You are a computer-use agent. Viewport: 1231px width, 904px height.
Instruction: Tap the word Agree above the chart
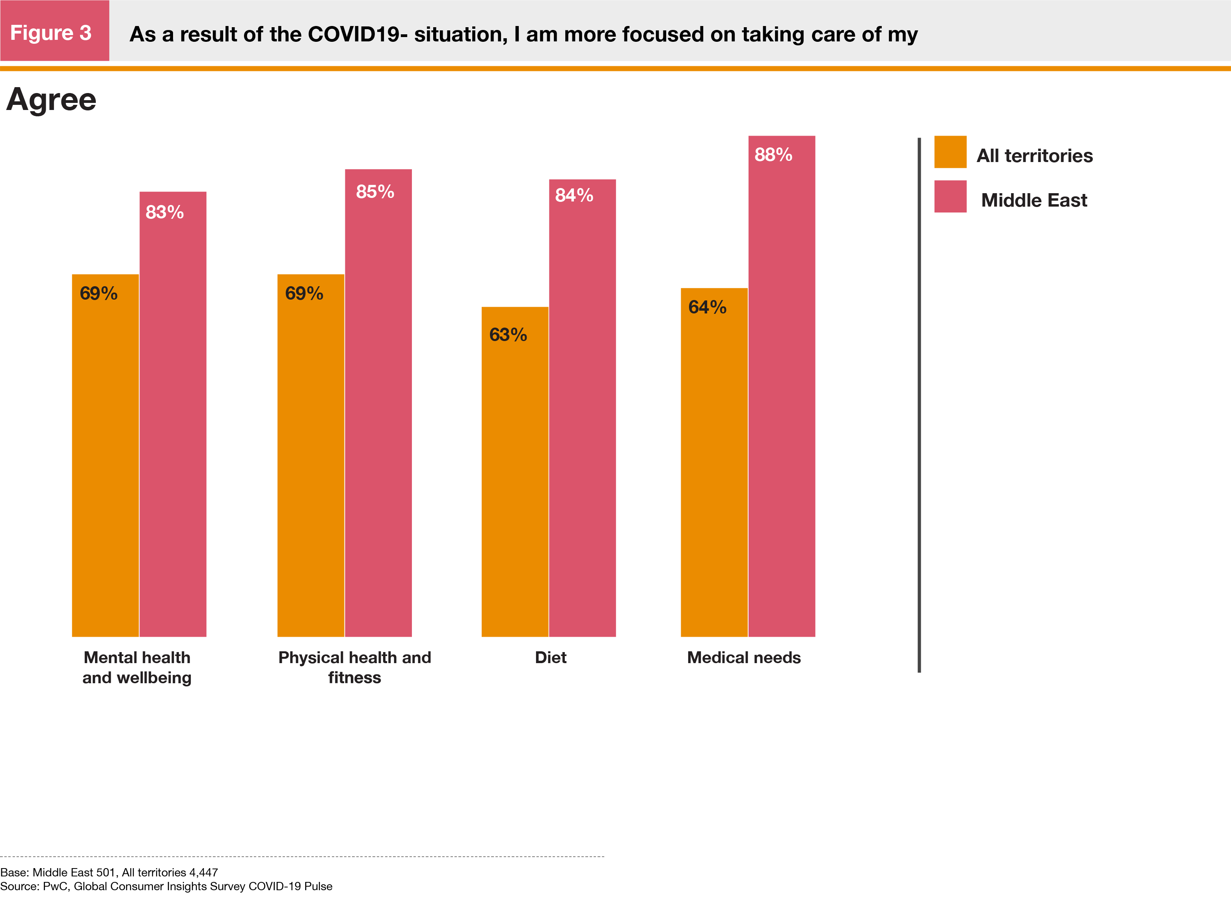[51, 100]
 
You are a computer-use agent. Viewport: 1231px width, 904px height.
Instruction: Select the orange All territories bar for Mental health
[105, 454]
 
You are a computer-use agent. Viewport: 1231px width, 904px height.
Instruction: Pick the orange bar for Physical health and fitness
[311, 454]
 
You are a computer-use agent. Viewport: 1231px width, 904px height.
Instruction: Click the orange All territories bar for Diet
[515, 471]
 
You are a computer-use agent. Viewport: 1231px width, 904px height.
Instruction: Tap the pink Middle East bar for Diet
[582, 408]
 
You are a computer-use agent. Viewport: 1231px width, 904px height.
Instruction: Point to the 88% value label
[773, 155]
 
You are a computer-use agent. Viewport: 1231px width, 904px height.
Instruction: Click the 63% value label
[508, 335]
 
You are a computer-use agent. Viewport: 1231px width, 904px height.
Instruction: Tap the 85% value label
[375, 192]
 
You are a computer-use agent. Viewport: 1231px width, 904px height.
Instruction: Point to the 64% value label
[707, 308]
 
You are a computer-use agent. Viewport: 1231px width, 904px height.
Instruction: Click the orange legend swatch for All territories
[950, 152]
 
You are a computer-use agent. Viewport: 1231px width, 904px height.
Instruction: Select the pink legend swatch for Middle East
[950, 196]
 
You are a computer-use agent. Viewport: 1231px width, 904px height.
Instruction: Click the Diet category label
[550, 657]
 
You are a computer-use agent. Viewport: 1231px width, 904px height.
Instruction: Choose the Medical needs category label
[743, 657]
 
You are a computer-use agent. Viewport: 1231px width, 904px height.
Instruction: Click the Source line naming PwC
[166, 886]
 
